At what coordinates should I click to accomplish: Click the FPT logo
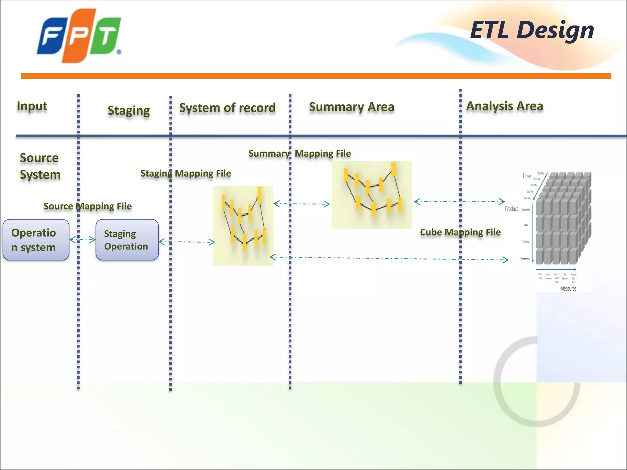coord(79,36)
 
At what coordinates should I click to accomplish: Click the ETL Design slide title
coord(532,30)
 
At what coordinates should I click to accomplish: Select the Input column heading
coord(32,106)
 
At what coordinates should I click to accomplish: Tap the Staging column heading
coord(129,111)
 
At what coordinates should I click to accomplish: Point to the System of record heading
coord(227,108)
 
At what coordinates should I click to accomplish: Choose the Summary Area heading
coord(351,107)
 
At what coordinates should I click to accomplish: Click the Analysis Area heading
coord(505,106)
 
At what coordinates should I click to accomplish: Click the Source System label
coord(40,166)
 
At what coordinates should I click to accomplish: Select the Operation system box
coord(36,240)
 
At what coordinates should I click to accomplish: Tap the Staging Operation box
coord(127,240)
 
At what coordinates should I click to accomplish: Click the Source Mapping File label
coord(88,206)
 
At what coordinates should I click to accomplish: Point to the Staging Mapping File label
coord(186,173)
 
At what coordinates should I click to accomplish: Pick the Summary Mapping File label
coord(299,154)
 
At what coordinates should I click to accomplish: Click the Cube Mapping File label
coord(460,232)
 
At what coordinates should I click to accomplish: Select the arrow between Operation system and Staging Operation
coord(82,240)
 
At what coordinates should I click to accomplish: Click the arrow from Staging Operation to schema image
coord(186,242)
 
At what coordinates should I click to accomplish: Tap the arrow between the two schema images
coord(302,204)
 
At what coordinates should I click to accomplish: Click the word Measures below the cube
coord(568,289)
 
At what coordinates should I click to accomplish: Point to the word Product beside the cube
coord(511,209)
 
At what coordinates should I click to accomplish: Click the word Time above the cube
coord(526,176)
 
